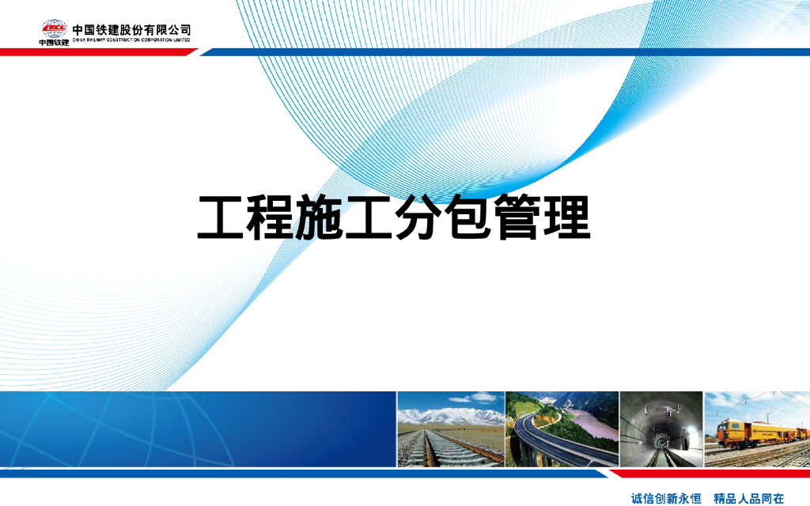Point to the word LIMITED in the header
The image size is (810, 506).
pos(180,40)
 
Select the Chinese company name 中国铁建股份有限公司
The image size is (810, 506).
pos(131,30)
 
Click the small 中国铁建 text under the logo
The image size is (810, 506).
pos(54,43)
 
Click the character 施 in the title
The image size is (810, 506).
pos(320,217)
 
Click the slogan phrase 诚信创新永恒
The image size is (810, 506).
pos(666,498)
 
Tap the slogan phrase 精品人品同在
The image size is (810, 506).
pos(748,498)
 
